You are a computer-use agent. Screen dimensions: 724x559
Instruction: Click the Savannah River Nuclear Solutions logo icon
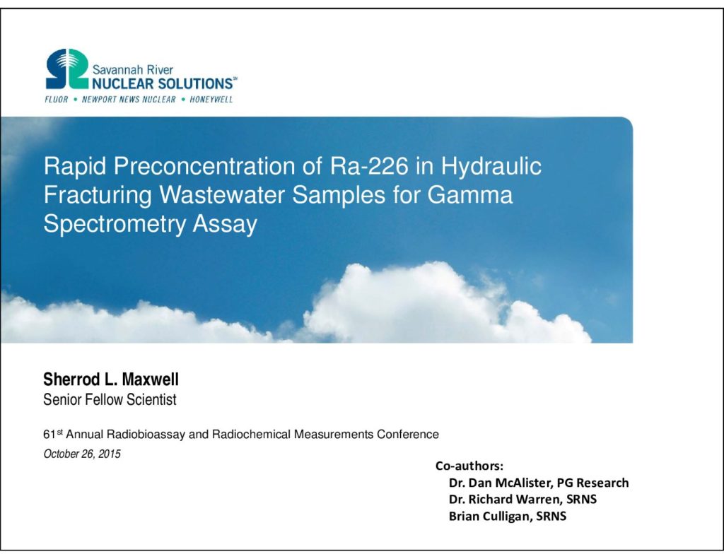67,69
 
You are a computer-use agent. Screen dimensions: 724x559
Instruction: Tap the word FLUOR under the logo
57,99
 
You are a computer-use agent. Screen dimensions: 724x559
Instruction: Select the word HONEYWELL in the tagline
211,99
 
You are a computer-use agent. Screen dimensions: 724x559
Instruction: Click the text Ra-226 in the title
369,166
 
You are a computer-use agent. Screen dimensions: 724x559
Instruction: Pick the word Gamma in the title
469,195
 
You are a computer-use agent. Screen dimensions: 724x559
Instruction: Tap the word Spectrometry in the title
115,224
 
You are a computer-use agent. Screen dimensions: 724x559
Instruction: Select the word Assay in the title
225,224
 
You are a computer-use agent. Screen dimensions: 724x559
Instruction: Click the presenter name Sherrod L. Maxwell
111,379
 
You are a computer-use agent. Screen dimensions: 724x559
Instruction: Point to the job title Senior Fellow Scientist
110,399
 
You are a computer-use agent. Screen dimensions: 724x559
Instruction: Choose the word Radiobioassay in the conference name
146,435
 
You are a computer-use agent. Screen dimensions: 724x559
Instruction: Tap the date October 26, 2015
82,454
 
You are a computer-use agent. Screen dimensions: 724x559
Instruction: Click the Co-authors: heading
469,465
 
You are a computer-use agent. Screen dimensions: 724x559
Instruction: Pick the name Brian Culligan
491,516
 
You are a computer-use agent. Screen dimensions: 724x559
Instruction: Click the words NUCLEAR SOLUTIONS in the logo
162,83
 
